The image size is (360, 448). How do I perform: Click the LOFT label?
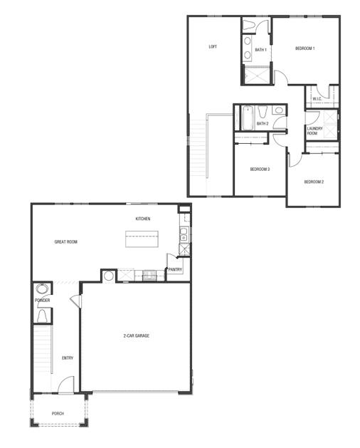coord(212,47)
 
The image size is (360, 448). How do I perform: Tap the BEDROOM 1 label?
coord(305,48)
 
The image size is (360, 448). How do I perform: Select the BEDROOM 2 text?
coord(314,182)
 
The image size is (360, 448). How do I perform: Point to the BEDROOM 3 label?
coord(259,169)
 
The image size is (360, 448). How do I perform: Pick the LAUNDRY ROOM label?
coord(315,131)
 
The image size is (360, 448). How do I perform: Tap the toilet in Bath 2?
coord(263,112)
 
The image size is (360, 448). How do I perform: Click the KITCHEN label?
coord(143,219)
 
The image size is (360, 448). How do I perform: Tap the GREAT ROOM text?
coord(66,242)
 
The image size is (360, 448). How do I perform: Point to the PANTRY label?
coord(175,270)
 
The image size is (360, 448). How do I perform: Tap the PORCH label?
coord(58,414)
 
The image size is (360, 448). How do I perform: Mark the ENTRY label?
coord(68,358)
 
